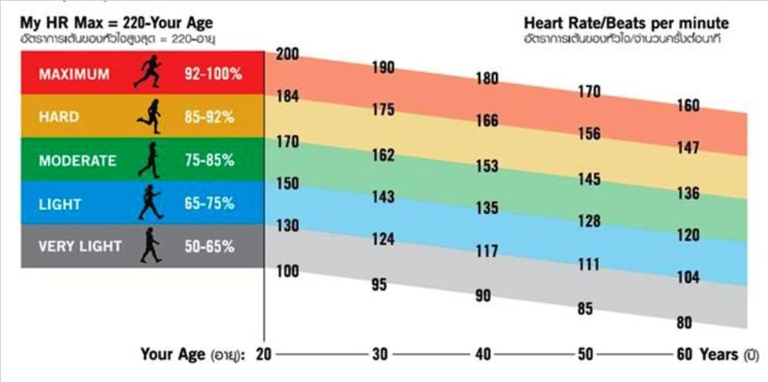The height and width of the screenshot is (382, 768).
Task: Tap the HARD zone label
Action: coord(59,117)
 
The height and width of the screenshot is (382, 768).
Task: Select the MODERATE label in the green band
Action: coord(77,160)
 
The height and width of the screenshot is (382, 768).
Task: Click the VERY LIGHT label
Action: coord(80,246)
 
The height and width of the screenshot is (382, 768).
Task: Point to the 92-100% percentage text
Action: coord(213,75)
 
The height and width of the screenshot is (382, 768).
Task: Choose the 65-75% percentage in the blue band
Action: coord(208,204)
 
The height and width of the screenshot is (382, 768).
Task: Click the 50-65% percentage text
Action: coord(208,246)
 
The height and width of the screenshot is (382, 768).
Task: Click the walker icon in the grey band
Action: coord(149,245)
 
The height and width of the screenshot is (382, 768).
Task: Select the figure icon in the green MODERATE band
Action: coord(148,160)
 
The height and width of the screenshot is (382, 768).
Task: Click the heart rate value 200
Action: coord(287,54)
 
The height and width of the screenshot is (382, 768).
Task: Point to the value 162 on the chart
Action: coord(383,156)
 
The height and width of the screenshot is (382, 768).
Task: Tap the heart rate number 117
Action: coord(487,252)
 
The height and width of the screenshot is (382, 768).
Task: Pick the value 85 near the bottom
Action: coord(585,309)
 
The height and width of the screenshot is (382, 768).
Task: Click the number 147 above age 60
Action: coord(688,147)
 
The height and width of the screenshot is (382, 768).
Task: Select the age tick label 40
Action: coord(483,354)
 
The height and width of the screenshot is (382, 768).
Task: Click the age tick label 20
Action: coord(263,354)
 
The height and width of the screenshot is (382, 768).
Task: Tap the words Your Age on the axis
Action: coord(172,354)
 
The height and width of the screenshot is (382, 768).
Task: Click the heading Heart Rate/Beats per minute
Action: coord(626,23)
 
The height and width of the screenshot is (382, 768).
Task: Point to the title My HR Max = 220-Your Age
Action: coord(116,23)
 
